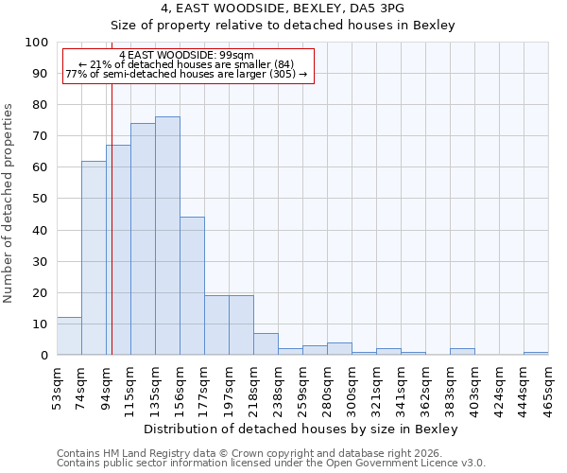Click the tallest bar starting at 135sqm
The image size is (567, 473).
(167, 236)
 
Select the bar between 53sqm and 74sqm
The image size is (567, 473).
(69, 336)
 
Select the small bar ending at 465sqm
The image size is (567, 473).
(536, 353)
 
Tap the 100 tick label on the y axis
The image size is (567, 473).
(37, 43)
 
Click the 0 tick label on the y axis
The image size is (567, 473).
(44, 355)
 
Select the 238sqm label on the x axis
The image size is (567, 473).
(278, 389)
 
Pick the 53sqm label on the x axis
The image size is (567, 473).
(57, 389)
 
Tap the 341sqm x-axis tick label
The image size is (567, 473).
(401, 389)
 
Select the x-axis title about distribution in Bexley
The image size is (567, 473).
(301, 429)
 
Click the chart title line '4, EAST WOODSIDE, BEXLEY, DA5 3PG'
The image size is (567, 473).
(283, 8)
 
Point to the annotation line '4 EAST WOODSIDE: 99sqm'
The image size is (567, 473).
(186, 56)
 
